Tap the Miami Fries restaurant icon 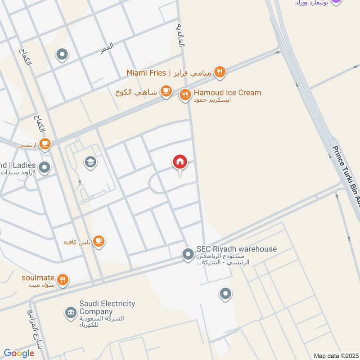coord(220,72)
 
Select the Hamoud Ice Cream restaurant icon coord(184,95)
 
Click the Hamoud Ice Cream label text coord(227,93)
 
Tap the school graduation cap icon coord(90,162)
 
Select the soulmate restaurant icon coord(63,280)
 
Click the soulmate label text coord(38,277)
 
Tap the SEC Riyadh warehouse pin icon coord(188,255)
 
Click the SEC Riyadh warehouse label coord(236,249)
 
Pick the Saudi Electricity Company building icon coord(70,313)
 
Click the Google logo coord(18,353)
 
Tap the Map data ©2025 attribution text coord(335,355)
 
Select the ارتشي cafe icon coord(45,144)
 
